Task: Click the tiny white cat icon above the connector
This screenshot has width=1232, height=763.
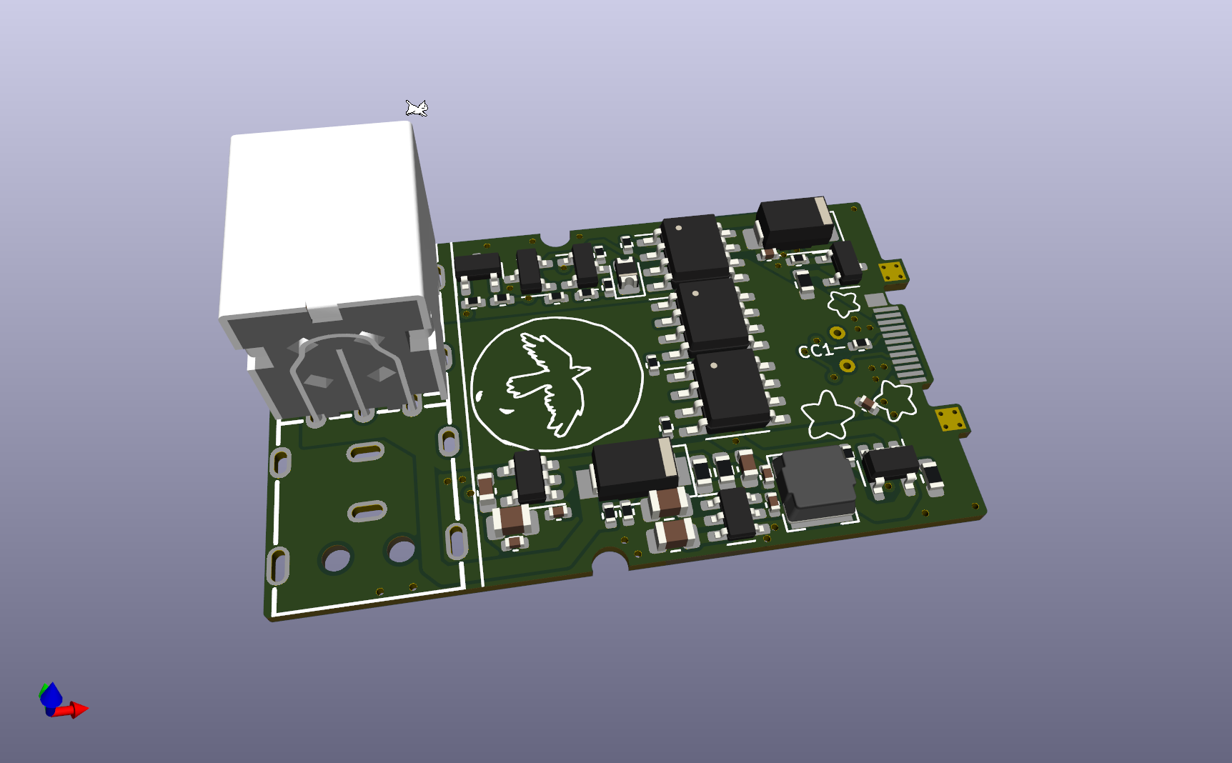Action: pyautogui.click(x=417, y=108)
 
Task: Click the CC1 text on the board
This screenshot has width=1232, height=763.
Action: pyautogui.click(x=815, y=351)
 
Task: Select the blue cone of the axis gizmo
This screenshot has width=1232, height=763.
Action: pyautogui.click(x=51, y=695)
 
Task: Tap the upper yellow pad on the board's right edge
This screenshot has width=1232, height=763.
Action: pyautogui.click(x=893, y=272)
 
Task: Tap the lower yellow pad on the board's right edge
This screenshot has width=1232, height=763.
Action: pyautogui.click(x=951, y=419)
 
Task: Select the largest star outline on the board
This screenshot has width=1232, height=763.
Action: pyautogui.click(x=827, y=415)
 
